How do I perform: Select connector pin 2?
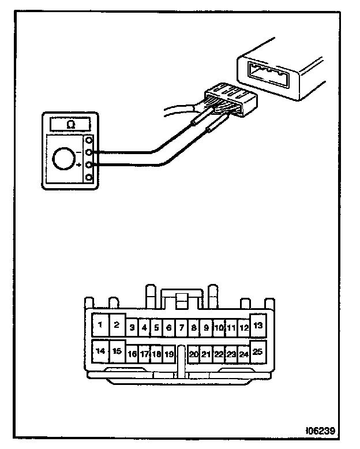[117, 325]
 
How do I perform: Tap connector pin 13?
[257, 325]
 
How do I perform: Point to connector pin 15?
[117, 351]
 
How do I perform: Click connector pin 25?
[257, 351]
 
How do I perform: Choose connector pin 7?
[181, 328]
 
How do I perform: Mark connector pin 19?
[168, 354]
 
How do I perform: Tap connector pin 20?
[194, 354]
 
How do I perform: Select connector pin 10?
[219, 328]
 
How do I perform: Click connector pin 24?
[243, 354]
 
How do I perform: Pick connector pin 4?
[144, 328]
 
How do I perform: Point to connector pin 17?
[144, 354]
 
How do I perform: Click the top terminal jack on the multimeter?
[89, 140]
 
